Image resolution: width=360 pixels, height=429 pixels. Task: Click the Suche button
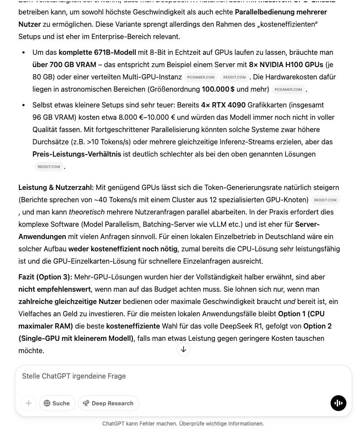57,403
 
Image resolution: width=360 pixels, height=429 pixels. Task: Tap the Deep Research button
108,403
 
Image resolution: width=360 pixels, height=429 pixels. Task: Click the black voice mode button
338,403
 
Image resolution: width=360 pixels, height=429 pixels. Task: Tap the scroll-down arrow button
184,349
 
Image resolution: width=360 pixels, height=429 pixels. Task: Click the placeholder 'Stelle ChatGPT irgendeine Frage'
74,376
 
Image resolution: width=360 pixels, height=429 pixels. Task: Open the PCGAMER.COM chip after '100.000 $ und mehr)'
288,89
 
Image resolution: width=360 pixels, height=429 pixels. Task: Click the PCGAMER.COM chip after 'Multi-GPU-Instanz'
201,77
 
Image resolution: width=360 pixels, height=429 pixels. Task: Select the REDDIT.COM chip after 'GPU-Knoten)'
325,200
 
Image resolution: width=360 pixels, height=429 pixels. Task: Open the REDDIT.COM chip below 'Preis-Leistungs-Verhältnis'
49,167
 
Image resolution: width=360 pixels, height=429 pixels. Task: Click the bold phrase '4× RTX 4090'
223,105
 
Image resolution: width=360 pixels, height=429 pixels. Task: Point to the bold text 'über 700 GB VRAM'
64,64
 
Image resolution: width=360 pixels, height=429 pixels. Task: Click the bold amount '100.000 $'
218,89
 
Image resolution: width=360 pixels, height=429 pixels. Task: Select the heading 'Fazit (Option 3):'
45,277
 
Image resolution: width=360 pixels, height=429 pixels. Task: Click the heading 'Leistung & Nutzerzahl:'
56,187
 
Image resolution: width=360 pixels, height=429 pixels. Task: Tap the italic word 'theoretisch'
86,212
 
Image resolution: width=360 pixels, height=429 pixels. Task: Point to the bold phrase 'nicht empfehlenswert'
55,289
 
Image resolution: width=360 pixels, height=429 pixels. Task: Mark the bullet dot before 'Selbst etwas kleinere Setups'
23,105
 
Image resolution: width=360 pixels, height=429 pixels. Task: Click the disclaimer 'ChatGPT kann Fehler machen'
183,424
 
